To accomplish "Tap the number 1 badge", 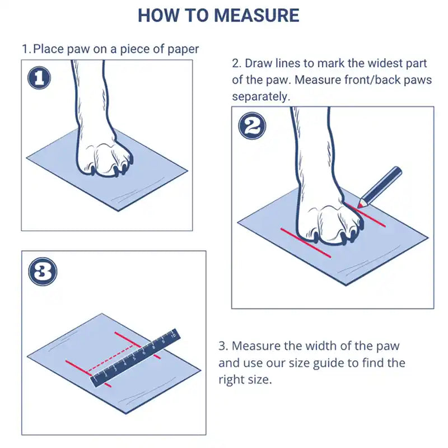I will (39, 78).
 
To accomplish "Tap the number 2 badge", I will (253, 127).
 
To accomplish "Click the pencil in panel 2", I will (381, 185).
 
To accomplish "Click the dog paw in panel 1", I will (104, 151).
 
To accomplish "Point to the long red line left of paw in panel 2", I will (305, 242).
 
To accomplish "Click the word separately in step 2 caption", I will (261, 96).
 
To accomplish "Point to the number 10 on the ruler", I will (173, 335).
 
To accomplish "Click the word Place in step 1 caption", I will (49, 49).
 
